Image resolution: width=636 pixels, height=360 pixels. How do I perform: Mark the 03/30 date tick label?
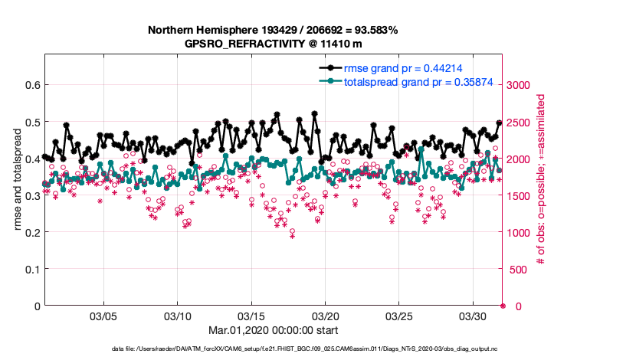click(474, 316)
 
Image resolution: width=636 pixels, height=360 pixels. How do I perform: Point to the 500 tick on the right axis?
click(520, 270)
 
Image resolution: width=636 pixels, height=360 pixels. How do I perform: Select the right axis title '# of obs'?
click(541, 180)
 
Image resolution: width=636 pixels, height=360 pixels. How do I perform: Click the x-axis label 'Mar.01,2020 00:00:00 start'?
click(273, 330)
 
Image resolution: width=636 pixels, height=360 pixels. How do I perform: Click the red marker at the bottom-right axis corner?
click(503, 306)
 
